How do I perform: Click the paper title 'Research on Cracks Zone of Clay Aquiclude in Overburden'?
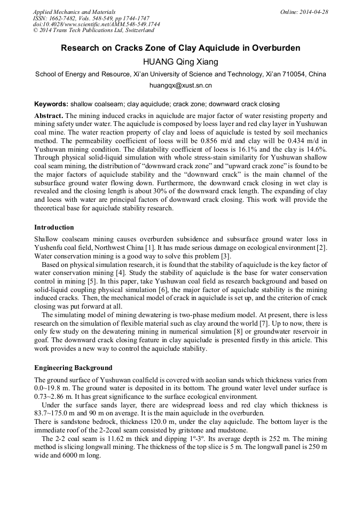[180, 48]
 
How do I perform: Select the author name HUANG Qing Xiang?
[180, 62]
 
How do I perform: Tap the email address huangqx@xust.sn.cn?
[180, 85]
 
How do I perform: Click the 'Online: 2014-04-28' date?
[304, 12]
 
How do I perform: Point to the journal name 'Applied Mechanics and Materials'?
[74, 12]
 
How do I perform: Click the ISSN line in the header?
[91, 18]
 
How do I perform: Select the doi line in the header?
[96, 25]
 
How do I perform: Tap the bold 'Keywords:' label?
[51, 104]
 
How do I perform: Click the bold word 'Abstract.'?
[49, 115]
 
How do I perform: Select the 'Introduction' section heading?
[54, 227]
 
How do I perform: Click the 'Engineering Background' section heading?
[73, 368]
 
